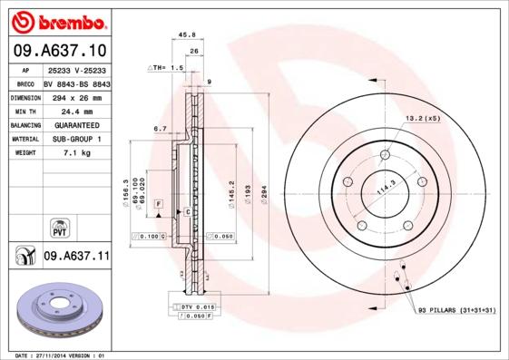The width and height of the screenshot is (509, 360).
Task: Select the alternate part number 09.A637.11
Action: tap(76, 257)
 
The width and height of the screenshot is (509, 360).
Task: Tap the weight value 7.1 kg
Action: tap(76, 154)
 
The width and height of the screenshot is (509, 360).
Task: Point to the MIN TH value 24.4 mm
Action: tap(76, 110)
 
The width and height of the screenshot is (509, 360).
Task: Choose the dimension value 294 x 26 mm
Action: tap(76, 95)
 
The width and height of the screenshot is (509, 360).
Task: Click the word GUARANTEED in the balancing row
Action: tap(76, 124)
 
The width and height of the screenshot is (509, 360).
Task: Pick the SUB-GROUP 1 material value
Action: tap(76, 139)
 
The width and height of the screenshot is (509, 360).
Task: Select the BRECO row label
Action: tap(24, 82)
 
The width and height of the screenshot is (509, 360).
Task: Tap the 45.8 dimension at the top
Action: tap(188, 34)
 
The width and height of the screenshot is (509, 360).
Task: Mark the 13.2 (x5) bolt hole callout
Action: tap(422, 119)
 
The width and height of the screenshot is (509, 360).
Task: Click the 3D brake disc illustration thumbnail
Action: tap(58, 308)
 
